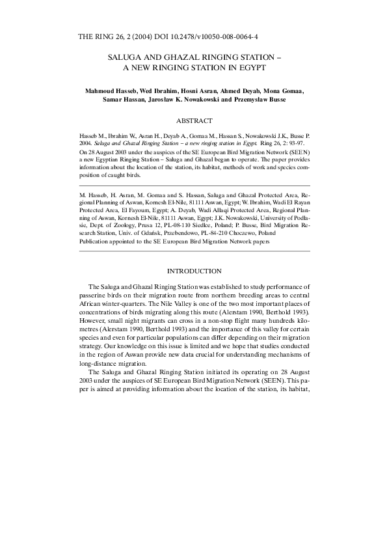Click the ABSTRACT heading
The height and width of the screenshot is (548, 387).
194,120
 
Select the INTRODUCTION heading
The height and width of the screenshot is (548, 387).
194,270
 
